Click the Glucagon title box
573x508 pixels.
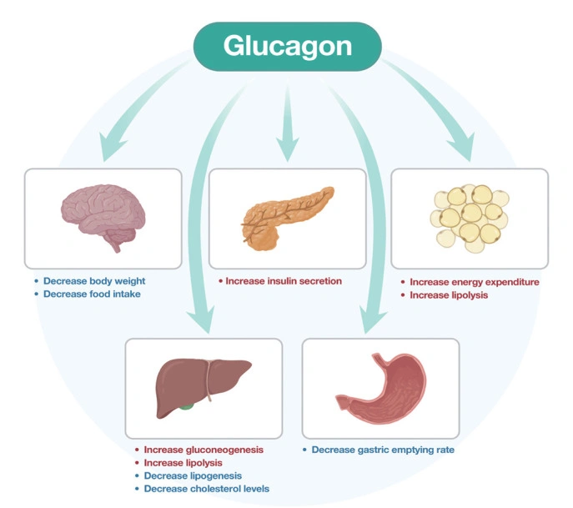click(x=287, y=45)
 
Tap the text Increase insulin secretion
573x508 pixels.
click(x=284, y=281)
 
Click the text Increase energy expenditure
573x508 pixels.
click(x=474, y=282)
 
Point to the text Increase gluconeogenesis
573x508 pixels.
click(x=204, y=449)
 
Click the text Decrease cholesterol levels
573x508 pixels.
click(x=206, y=489)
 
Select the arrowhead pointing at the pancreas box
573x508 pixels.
click(x=287, y=152)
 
